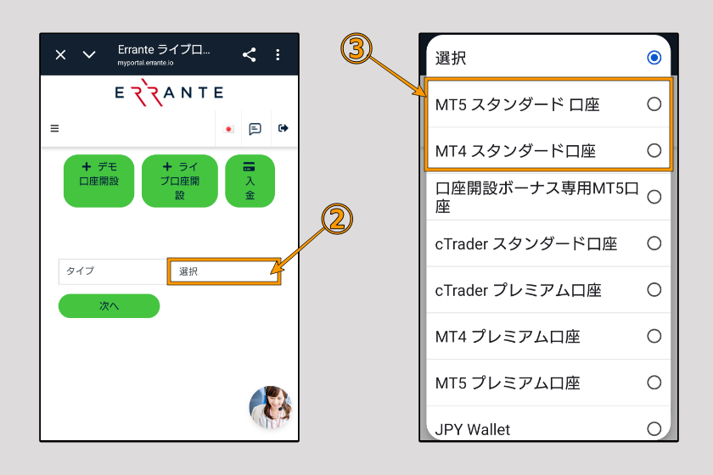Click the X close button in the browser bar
60,55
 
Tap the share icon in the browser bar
249,55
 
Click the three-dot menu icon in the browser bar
278,55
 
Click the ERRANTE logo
169,92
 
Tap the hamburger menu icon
55,129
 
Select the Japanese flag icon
228,129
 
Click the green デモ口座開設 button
98,181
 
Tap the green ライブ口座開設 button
179,181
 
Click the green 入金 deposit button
250,181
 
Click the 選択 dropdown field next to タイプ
224,271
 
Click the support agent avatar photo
271,406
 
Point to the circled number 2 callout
336,220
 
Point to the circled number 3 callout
356,49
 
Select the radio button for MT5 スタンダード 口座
654,104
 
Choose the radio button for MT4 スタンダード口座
654,150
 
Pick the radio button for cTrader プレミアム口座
654,289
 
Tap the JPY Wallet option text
473,429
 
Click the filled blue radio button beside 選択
654,58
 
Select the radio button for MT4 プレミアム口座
654,336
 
